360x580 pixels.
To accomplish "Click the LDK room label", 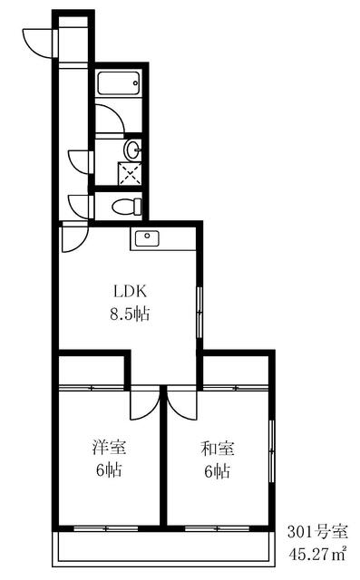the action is [x=130, y=292].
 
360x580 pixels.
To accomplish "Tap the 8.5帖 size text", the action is [x=130, y=314].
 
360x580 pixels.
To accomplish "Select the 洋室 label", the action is [x=109, y=447].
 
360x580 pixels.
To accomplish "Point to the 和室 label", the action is [x=218, y=449].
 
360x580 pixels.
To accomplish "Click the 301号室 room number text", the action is [x=317, y=532].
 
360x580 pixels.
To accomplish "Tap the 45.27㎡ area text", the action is [x=317, y=554].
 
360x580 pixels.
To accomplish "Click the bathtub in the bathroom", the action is [x=119, y=82].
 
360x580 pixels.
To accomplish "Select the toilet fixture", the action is [x=127, y=207].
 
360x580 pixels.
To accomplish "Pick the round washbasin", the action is [x=132, y=150].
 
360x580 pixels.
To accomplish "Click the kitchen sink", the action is [x=147, y=237].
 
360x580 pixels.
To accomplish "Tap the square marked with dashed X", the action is [x=130, y=173].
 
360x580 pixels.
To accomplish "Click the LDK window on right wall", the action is [x=199, y=313].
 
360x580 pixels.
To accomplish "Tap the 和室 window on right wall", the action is [x=272, y=451].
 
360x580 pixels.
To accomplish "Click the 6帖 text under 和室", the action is [x=218, y=471].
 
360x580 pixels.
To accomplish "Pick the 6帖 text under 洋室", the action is [x=109, y=469].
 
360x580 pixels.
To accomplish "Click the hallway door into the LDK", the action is [x=75, y=237].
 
